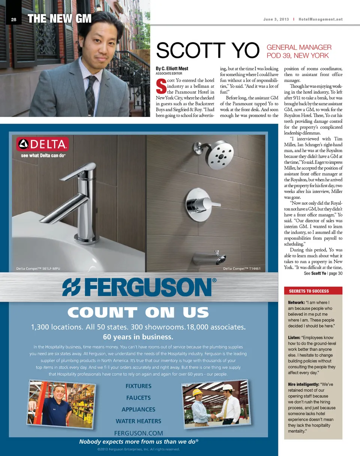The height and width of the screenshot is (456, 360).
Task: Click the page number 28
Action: click(x=13, y=19)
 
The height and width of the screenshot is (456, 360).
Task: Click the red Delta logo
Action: click(x=42, y=144)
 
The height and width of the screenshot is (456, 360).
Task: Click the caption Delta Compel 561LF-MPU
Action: click(x=38, y=268)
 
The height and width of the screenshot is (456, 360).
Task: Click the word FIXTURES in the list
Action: click(x=138, y=386)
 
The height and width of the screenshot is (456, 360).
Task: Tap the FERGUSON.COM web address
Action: click(x=138, y=432)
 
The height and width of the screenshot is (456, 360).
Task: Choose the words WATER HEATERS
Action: click(x=138, y=421)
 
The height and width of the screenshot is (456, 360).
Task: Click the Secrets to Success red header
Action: click(x=309, y=291)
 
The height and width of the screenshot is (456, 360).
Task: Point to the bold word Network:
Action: click(x=296, y=303)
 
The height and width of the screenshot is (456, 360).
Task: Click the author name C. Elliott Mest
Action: click(x=174, y=69)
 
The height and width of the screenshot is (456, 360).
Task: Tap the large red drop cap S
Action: click(x=160, y=86)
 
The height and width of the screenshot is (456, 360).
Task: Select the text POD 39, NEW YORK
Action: click(x=297, y=56)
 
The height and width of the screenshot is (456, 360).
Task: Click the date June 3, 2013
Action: click(x=275, y=19)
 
